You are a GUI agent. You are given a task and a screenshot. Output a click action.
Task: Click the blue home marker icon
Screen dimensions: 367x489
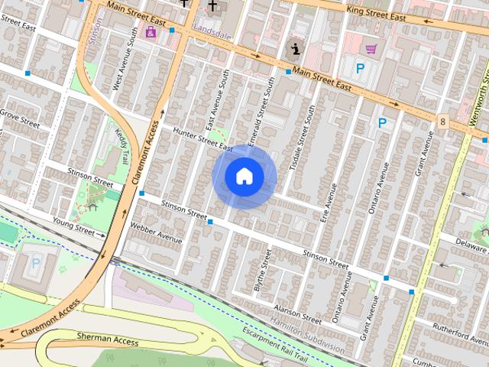pos(244,177)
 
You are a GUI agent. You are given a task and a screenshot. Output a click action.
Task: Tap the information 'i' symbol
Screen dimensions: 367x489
pos(295,50)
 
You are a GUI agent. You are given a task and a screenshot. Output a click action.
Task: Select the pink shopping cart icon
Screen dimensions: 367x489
pos(371,50)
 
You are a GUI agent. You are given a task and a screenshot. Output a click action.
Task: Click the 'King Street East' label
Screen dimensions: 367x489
pos(375,13)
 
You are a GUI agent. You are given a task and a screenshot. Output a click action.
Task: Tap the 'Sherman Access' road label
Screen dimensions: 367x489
pos(108,337)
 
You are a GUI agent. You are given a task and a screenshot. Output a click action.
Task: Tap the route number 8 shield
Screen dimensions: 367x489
pos(443,121)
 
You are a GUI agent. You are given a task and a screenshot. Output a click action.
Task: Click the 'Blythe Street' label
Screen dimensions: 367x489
pos(261,269)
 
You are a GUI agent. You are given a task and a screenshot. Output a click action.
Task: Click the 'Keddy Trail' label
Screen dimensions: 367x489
pos(122,141)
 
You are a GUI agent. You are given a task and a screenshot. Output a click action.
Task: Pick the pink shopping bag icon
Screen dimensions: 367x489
pos(151,32)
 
